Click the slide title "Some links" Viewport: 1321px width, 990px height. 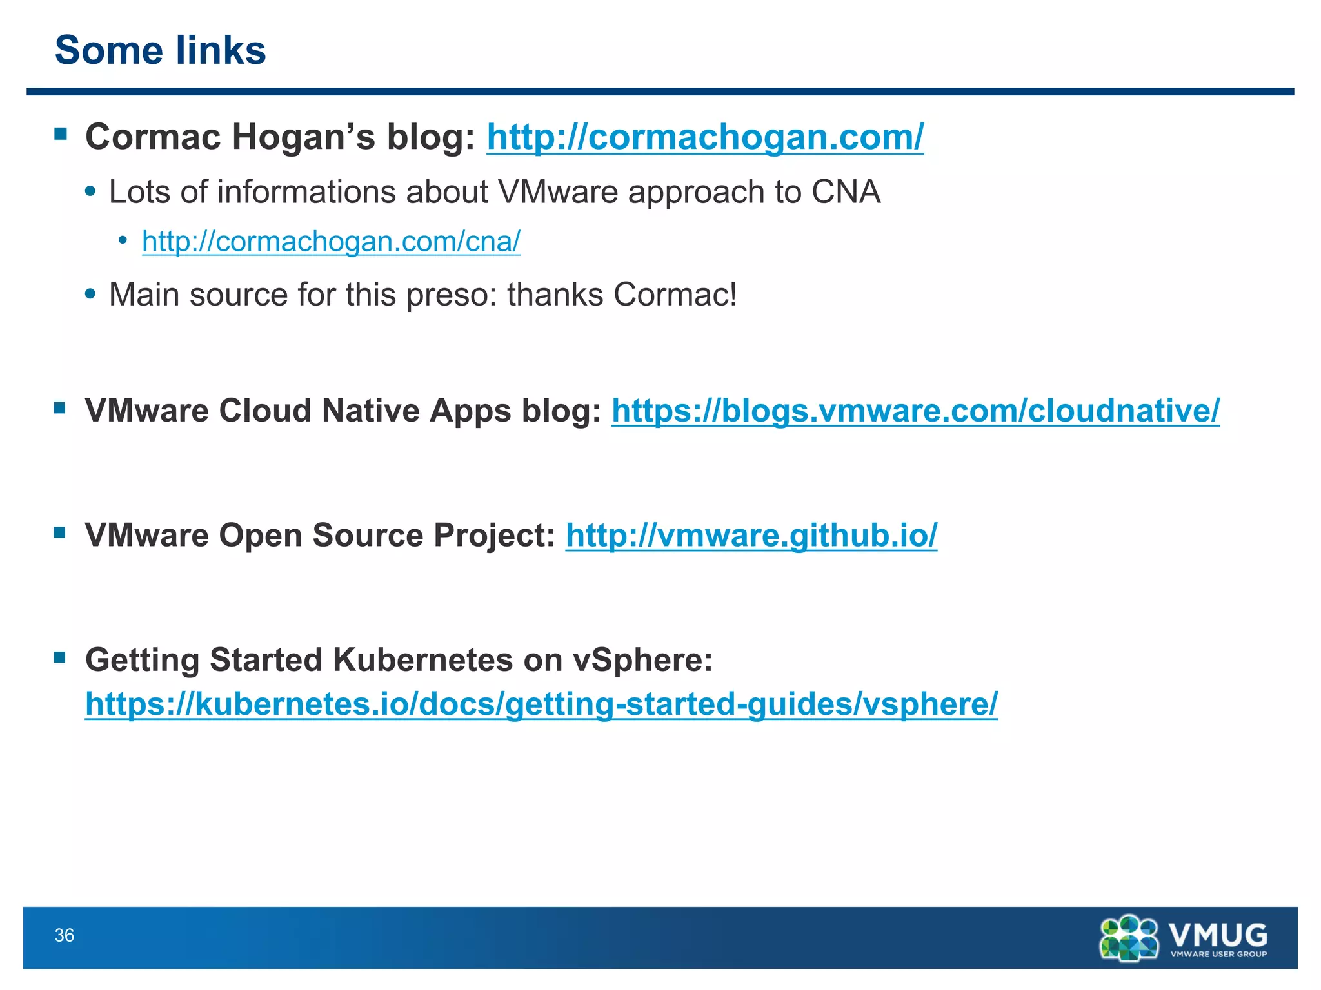(160, 50)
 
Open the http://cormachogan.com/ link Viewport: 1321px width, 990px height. (704, 137)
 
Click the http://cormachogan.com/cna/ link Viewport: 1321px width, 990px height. (331, 242)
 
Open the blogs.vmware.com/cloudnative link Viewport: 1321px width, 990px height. (915, 411)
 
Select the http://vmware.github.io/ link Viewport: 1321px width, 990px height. (751, 535)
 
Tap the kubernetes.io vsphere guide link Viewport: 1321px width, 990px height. (541, 703)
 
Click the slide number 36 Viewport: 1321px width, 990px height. (65, 935)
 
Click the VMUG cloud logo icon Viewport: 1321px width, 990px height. (1129, 938)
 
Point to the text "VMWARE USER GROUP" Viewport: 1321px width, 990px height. (1218, 955)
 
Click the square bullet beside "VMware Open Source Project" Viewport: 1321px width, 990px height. (60, 532)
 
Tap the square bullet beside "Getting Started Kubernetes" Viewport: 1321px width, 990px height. (60, 657)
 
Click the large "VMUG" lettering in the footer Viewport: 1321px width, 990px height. (1218, 933)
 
